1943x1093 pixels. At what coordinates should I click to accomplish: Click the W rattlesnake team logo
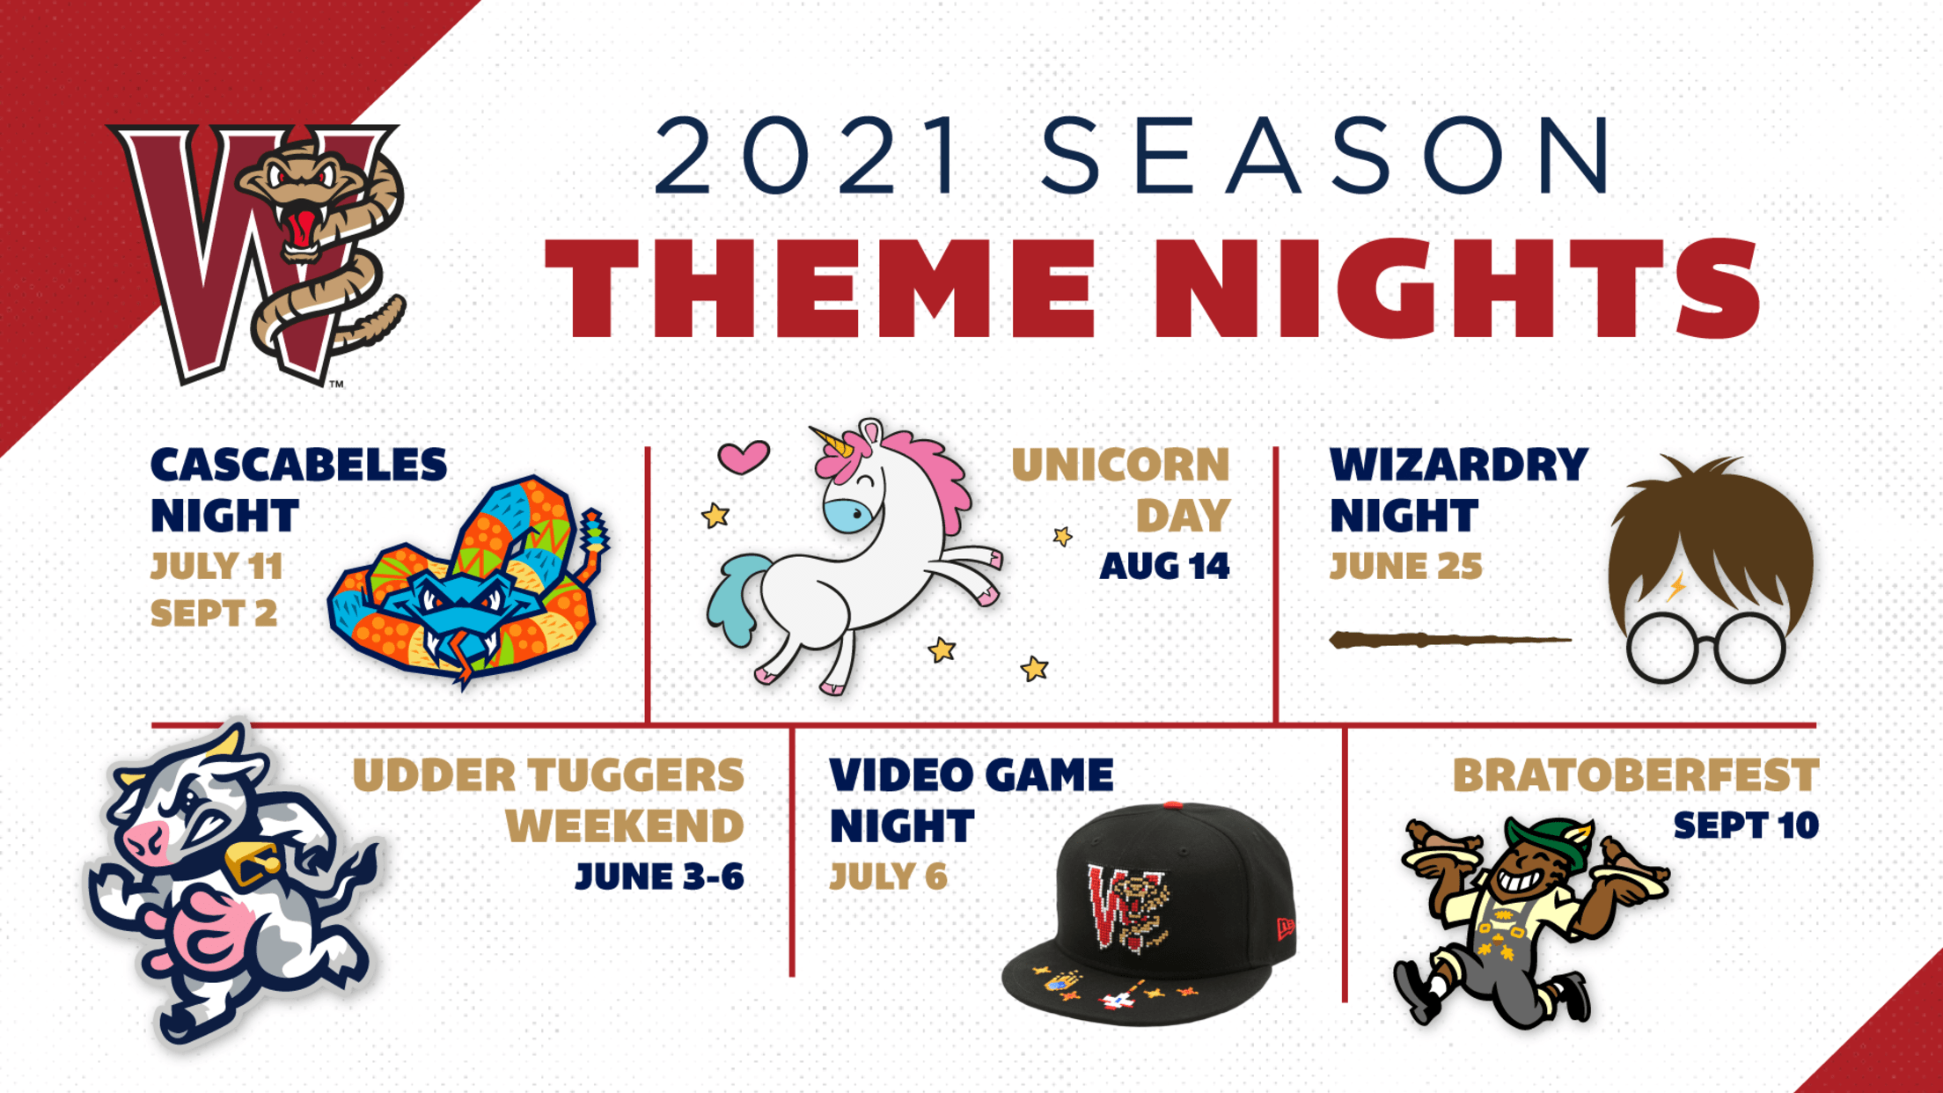click(260, 255)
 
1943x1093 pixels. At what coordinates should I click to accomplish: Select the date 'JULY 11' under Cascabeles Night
click(216, 567)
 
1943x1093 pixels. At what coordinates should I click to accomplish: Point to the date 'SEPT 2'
click(214, 613)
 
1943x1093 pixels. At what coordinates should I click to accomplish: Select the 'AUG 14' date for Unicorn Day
click(1164, 567)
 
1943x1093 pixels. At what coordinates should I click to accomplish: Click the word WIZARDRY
click(1459, 466)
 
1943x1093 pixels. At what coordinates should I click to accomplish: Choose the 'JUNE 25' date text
click(1405, 567)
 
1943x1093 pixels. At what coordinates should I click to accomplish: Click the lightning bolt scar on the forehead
click(1677, 585)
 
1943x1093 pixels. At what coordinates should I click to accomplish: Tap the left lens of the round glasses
click(1661, 648)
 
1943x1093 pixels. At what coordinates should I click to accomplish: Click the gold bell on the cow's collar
click(252, 862)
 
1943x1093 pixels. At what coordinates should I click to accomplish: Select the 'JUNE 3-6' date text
click(660, 877)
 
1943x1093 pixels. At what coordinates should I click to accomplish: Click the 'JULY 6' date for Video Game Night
click(889, 877)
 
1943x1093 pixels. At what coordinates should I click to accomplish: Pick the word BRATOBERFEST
click(1635, 775)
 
